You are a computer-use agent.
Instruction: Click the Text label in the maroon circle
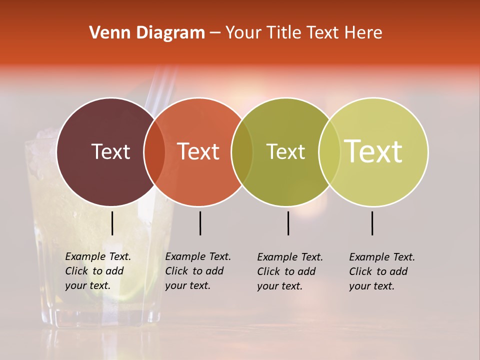tap(110, 151)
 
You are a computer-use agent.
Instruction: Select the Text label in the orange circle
tap(198, 151)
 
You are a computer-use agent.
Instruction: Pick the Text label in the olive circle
tap(285, 151)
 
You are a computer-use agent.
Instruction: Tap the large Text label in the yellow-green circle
tap(373, 151)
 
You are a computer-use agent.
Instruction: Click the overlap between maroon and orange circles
tap(154, 152)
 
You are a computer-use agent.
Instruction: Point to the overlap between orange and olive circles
tap(242, 152)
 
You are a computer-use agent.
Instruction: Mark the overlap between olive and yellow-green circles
tap(329, 152)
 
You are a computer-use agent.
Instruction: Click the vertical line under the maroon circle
tap(112, 223)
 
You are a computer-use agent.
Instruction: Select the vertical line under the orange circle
tap(200, 223)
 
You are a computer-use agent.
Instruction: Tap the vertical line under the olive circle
tap(288, 223)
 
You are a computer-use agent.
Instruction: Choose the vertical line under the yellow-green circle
tap(372, 223)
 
